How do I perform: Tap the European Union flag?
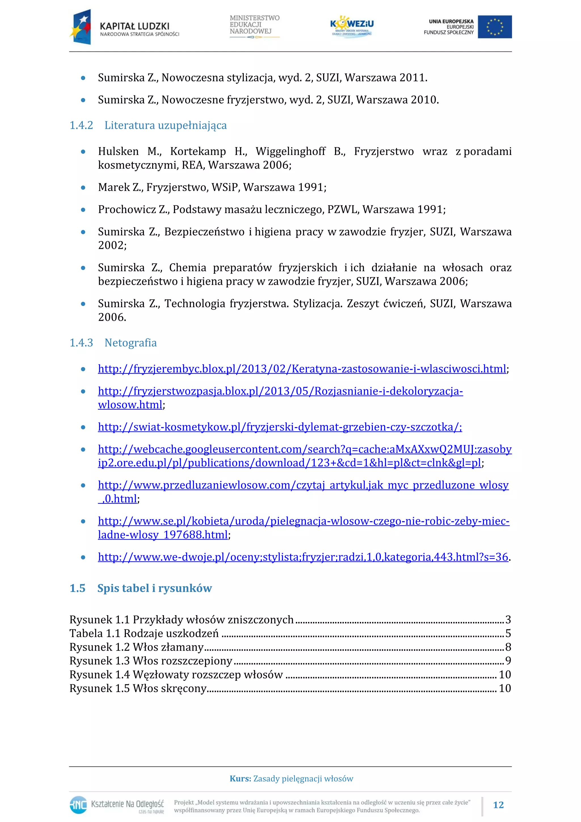tap(494, 27)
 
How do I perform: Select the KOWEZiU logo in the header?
tap(351, 26)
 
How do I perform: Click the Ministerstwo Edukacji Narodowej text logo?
tap(254, 26)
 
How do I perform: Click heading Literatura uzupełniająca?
tap(165, 125)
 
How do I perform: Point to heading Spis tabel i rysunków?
tap(154, 588)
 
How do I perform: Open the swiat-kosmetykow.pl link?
tap(280, 427)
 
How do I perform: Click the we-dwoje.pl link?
tap(303, 557)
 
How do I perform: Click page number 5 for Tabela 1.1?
tap(508, 633)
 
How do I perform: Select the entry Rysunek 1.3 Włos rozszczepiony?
tap(151, 661)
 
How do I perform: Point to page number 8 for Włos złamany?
tap(508, 647)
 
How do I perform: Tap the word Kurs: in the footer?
tap(240, 779)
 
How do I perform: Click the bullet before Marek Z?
tap(83, 187)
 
